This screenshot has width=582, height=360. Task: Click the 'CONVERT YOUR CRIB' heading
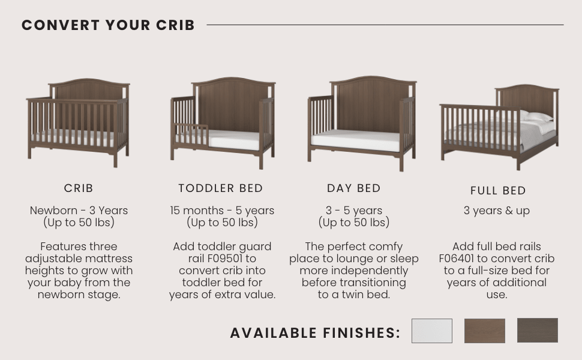click(108, 25)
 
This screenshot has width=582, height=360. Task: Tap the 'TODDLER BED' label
click(221, 188)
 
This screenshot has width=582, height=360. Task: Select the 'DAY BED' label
click(354, 188)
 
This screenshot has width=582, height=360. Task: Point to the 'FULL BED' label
click(498, 191)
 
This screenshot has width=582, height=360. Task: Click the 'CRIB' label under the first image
click(79, 188)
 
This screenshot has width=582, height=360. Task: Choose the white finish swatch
click(431, 331)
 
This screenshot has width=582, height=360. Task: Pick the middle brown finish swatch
click(484, 331)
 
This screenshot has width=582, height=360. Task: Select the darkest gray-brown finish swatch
click(537, 330)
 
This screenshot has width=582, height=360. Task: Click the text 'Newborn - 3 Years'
click(79, 211)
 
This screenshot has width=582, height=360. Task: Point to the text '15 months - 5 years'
click(222, 211)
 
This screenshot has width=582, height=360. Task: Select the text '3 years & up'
click(497, 211)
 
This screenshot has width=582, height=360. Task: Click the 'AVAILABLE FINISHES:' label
click(315, 333)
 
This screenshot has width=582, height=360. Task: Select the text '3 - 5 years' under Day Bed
click(354, 211)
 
